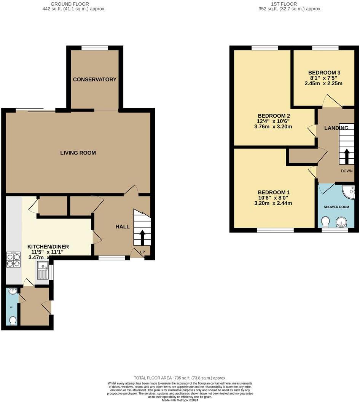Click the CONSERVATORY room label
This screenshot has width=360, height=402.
94,80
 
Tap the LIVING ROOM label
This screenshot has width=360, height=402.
78,153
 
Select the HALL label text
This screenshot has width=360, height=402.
123,227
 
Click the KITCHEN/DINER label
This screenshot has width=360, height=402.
48,247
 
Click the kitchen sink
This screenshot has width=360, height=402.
42,271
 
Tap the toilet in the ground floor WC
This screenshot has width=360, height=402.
13,321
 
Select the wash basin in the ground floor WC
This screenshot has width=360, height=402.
13,291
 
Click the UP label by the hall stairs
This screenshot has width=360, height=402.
143,252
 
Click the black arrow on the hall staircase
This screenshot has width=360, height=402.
143,237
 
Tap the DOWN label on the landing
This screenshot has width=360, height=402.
347,171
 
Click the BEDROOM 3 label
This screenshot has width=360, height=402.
324,73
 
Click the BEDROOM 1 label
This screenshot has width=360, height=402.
274,192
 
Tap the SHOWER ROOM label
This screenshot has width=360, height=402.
336,207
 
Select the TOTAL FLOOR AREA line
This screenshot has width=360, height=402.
180,377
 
